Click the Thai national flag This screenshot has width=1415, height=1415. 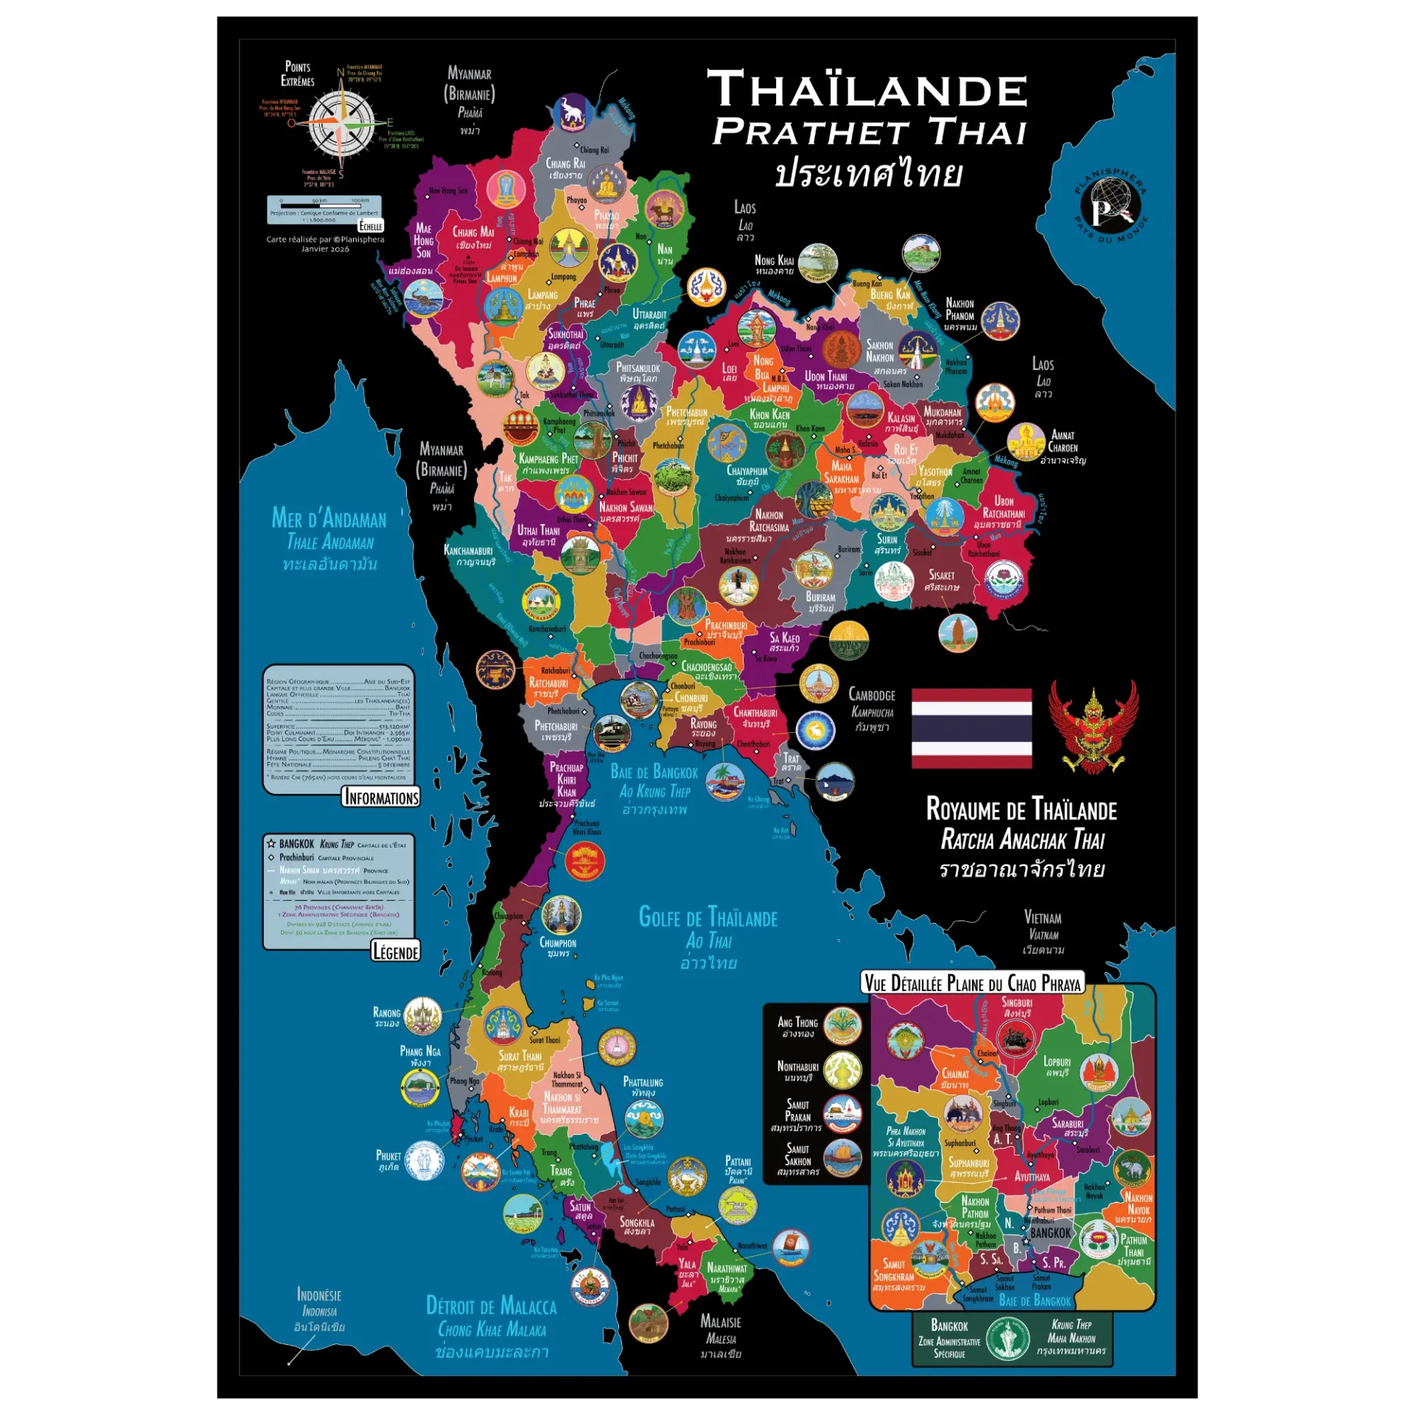point(971,728)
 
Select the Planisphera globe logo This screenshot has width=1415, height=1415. point(1110,207)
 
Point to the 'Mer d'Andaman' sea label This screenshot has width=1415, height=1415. point(329,519)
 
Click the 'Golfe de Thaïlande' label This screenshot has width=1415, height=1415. point(707,918)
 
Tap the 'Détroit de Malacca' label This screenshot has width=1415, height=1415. point(491,1307)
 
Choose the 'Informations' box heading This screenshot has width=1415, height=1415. point(381,797)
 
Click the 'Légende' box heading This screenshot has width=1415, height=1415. point(395,951)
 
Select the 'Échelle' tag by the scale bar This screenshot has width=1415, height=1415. point(371,226)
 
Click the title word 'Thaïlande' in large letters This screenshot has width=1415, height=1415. point(867,90)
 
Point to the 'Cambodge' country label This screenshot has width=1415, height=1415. point(872,695)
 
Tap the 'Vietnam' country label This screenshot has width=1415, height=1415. point(1043,918)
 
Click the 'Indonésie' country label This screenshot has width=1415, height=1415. point(318,1295)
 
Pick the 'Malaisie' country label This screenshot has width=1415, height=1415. point(720,1322)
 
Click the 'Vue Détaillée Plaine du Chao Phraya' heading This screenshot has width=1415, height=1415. point(973,983)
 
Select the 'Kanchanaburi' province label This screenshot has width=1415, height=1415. point(468,551)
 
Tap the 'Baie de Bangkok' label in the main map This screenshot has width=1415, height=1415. point(654,772)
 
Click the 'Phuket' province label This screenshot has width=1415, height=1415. point(388,1156)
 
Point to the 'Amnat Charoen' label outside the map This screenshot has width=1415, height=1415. point(1063,441)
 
